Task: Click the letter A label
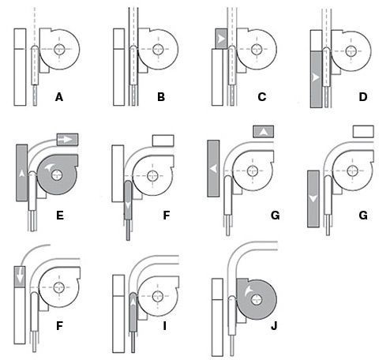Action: tap(59, 97)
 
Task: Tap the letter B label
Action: tap(161, 97)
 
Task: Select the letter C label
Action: tap(261, 97)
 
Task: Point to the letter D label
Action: tap(363, 97)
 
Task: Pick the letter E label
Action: tap(60, 216)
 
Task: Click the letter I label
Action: tap(164, 326)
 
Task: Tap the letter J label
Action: tap(274, 326)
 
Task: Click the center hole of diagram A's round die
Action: tap(59, 50)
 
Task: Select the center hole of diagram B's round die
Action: tap(158, 49)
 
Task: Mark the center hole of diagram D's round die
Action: tap(351, 51)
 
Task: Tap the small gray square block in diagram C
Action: tap(221, 39)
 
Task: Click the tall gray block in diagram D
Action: tap(317, 79)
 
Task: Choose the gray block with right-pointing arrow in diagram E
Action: tap(68, 140)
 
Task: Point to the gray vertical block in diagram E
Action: tap(22, 173)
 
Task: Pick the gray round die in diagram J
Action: tap(256, 299)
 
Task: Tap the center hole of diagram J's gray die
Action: tap(256, 300)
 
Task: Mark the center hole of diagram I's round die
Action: tap(157, 296)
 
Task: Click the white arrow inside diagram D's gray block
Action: tap(315, 77)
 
